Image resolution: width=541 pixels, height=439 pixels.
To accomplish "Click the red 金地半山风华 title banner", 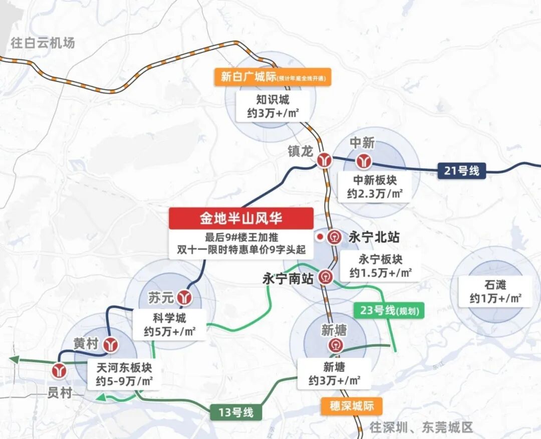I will tap(241, 218).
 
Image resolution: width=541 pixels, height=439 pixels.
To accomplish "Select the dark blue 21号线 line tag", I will tap(461, 170).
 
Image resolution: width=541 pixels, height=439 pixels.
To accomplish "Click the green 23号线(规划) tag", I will tap(389, 311).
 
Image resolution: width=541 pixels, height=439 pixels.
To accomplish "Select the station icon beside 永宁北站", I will tap(335, 237).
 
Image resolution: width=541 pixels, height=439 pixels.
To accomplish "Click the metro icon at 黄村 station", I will tap(111, 344).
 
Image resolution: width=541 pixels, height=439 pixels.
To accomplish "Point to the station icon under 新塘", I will tap(334, 345).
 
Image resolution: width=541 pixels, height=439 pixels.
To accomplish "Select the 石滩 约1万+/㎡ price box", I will tap(495, 292).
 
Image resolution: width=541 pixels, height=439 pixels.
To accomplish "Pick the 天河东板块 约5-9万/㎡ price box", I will tap(124, 374).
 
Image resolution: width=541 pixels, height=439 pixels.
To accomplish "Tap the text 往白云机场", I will tap(43, 43).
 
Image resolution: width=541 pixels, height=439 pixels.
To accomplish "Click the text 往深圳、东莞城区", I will tap(421, 427).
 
